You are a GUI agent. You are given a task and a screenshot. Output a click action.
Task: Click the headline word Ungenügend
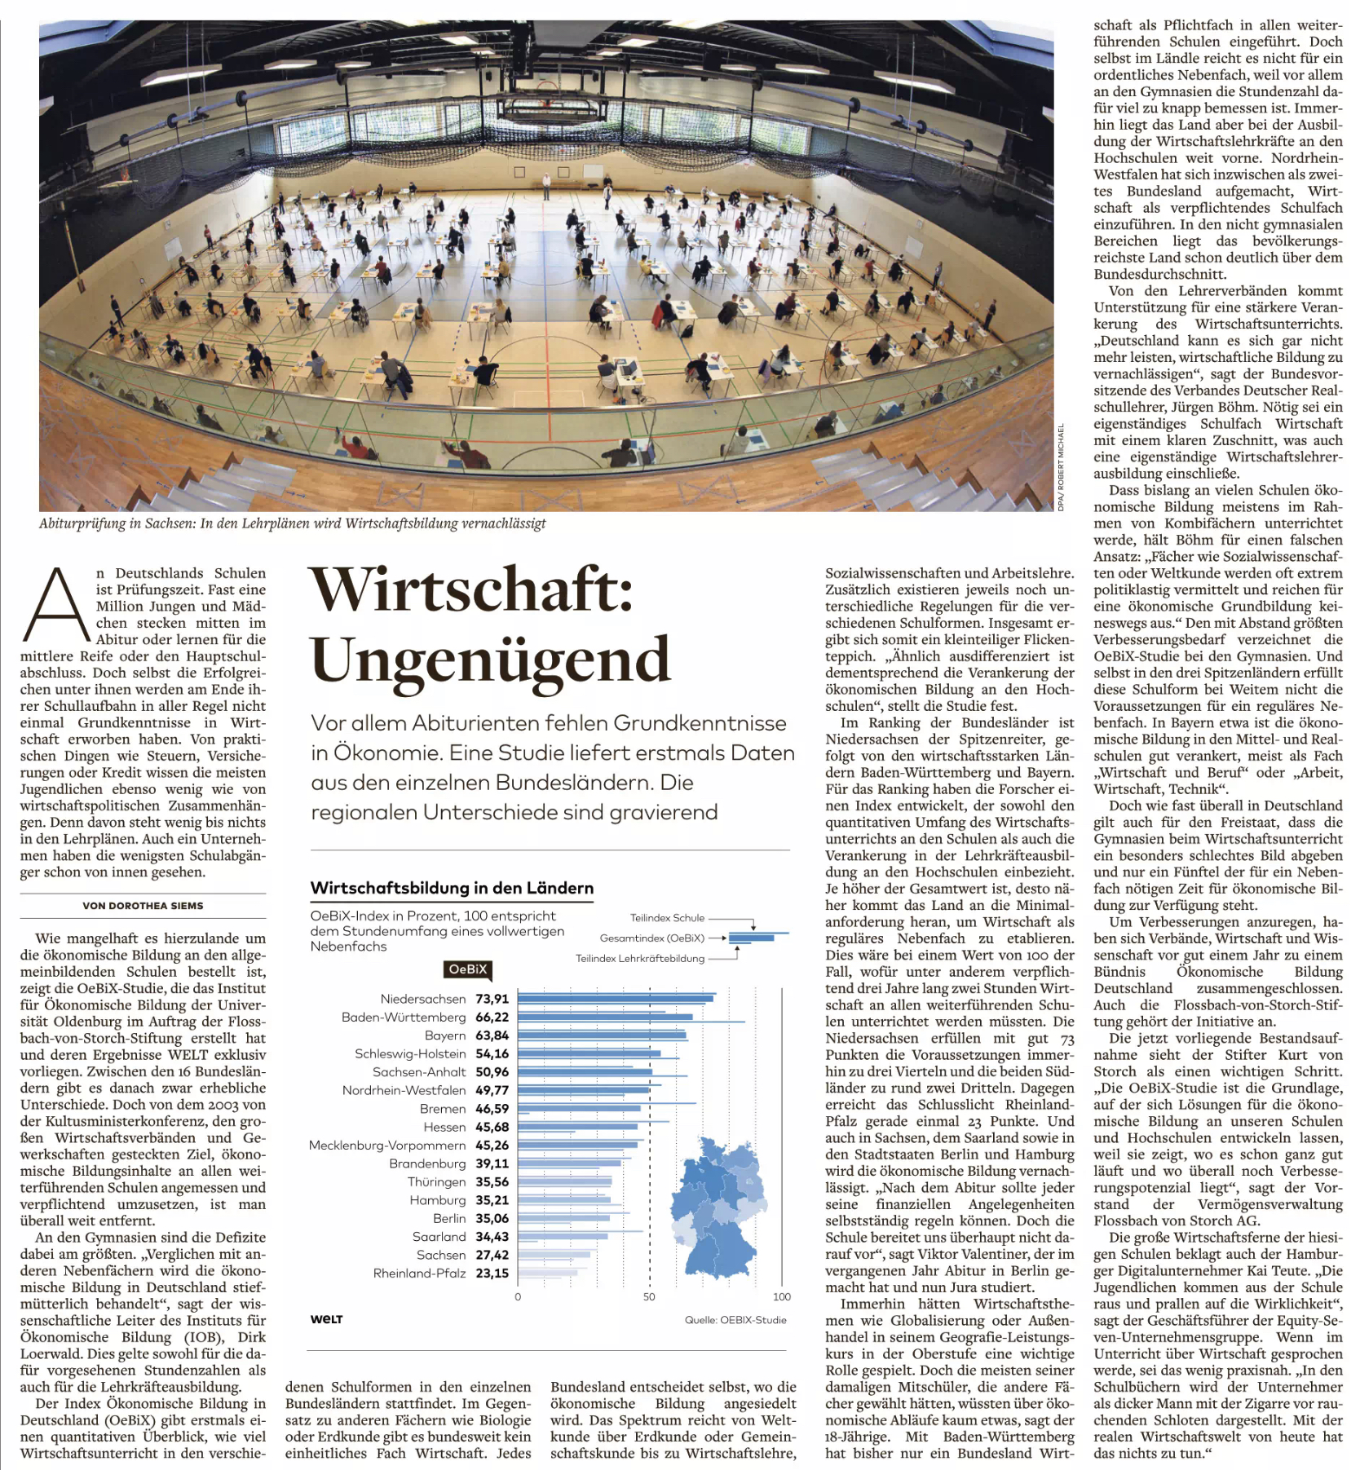click(490, 659)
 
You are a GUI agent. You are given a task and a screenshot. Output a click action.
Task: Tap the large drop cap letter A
click(56, 604)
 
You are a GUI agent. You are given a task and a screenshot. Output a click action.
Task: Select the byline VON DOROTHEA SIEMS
click(143, 905)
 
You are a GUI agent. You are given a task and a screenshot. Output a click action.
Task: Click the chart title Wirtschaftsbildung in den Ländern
click(452, 888)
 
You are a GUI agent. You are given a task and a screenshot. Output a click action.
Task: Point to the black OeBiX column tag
click(468, 969)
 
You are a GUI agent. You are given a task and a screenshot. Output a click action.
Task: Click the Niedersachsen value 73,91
click(492, 999)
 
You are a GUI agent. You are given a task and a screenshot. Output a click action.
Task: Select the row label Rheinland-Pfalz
click(419, 1274)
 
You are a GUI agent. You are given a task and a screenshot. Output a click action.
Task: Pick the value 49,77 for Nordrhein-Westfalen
click(492, 1090)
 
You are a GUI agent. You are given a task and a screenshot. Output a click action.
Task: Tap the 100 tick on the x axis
click(781, 1296)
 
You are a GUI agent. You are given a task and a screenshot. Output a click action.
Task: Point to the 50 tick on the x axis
click(649, 1296)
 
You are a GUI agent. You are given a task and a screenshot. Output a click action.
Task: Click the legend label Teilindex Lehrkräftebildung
click(640, 958)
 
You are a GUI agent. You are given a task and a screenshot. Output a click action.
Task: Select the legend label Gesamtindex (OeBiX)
click(652, 938)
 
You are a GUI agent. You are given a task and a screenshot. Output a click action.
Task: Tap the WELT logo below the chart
click(327, 1319)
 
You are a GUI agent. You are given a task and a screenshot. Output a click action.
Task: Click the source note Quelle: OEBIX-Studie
click(735, 1320)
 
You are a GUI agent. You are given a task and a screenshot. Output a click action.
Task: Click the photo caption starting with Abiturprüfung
click(292, 523)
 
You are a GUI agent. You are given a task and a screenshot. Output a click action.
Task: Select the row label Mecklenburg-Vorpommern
click(387, 1146)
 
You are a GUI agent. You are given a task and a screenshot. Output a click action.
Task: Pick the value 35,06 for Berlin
click(492, 1218)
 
